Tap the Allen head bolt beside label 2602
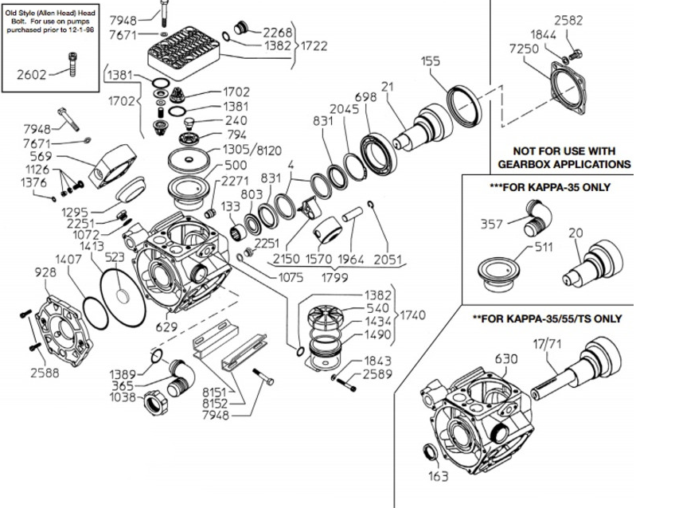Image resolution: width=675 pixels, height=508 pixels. click(x=74, y=63)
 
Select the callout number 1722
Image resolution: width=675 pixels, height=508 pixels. click(x=315, y=46)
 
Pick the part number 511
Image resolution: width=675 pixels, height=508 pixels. click(x=544, y=246)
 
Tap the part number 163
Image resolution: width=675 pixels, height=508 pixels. click(x=438, y=477)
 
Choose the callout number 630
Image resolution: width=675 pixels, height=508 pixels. click(x=506, y=358)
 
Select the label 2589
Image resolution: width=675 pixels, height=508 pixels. click(x=376, y=373)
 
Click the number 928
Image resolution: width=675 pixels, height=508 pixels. click(x=46, y=272)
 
